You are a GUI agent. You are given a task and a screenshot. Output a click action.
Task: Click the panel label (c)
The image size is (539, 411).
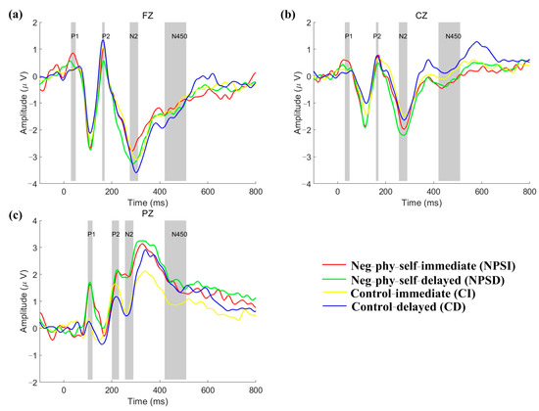pyautogui.click(x=13, y=214)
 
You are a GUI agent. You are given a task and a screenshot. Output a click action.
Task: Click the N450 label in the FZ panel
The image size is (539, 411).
pyautogui.click(x=176, y=36)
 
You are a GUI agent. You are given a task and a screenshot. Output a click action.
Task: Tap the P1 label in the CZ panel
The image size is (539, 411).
pyautogui.click(x=347, y=36)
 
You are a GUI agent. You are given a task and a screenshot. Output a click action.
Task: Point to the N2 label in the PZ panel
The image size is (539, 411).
pyautogui.click(x=129, y=235)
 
